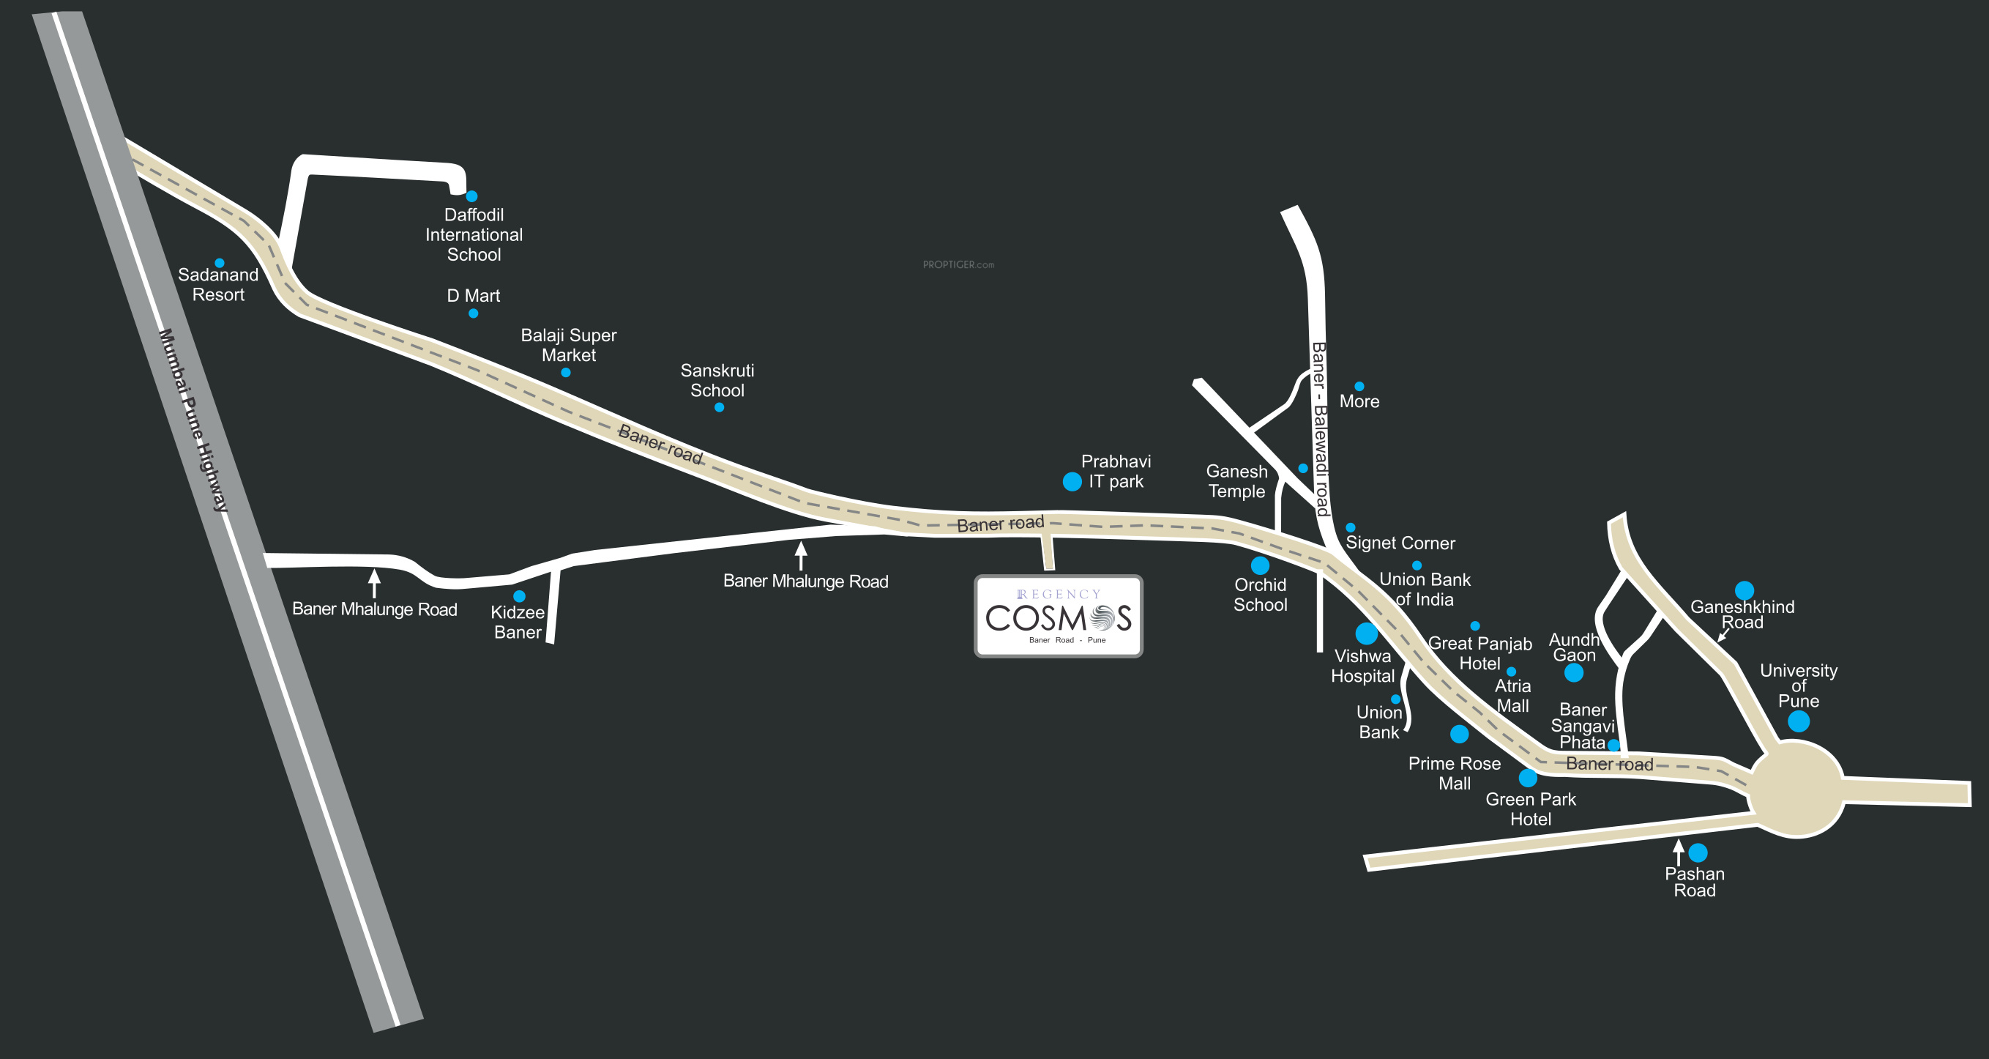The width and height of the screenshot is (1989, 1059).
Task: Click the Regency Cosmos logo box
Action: point(1059,617)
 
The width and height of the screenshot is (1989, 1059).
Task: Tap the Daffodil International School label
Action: point(474,235)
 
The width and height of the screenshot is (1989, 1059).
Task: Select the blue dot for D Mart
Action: point(474,313)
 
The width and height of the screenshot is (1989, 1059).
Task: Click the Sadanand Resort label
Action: point(218,284)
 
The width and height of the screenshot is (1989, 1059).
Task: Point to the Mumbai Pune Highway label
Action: point(194,420)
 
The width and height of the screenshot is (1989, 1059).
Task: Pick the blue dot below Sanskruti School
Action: point(719,408)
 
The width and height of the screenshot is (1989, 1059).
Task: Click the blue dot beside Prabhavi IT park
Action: point(1072,482)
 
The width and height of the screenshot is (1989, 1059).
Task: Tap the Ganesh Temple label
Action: point(1237,481)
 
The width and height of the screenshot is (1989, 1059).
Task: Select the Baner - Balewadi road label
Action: point(1321,429)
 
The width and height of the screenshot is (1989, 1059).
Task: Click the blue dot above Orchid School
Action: point(1260,565)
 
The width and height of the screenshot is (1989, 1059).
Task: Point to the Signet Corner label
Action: point(1400,543)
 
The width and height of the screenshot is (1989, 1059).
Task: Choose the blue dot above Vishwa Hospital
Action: point(1367,633)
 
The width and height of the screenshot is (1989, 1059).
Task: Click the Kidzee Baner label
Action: point(518,622)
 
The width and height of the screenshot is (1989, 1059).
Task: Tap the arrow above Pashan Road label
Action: point(1678,852)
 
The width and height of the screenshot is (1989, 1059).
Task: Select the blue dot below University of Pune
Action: point(1798,721)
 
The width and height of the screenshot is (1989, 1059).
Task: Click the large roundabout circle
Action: point(1796,789)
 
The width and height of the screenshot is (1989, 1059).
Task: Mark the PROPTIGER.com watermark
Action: point(958,265)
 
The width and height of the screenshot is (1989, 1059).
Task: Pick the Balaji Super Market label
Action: point(569,345)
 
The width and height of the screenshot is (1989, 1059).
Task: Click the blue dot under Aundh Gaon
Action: point(1574,673)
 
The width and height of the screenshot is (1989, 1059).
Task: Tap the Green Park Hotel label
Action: point(1530,809)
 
